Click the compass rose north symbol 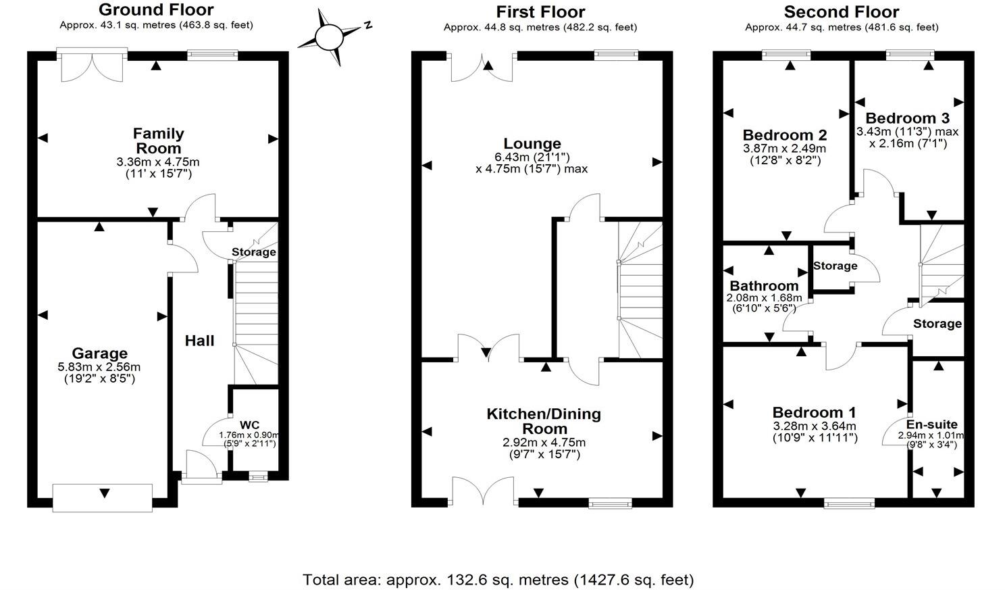tap(331, 37)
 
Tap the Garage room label tap(100, 353)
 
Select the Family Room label tap(158, 141)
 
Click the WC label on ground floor tap(249, 425)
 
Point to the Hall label tap(200, 341)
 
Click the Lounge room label tap(532, 143)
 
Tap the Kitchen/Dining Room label tap(544, 420)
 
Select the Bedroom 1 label tap(814, 412)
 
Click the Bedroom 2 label tap(784, 134)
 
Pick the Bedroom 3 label tap(907, 118)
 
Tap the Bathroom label tap(764, 285)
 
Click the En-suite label tap(931, 424)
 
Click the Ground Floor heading tap(156, 10)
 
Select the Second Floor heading tap(841, 12)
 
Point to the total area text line tap(498, 579)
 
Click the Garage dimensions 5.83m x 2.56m tap(100, 367)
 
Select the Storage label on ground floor tap(254, 252)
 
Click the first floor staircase tap(640, 291)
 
